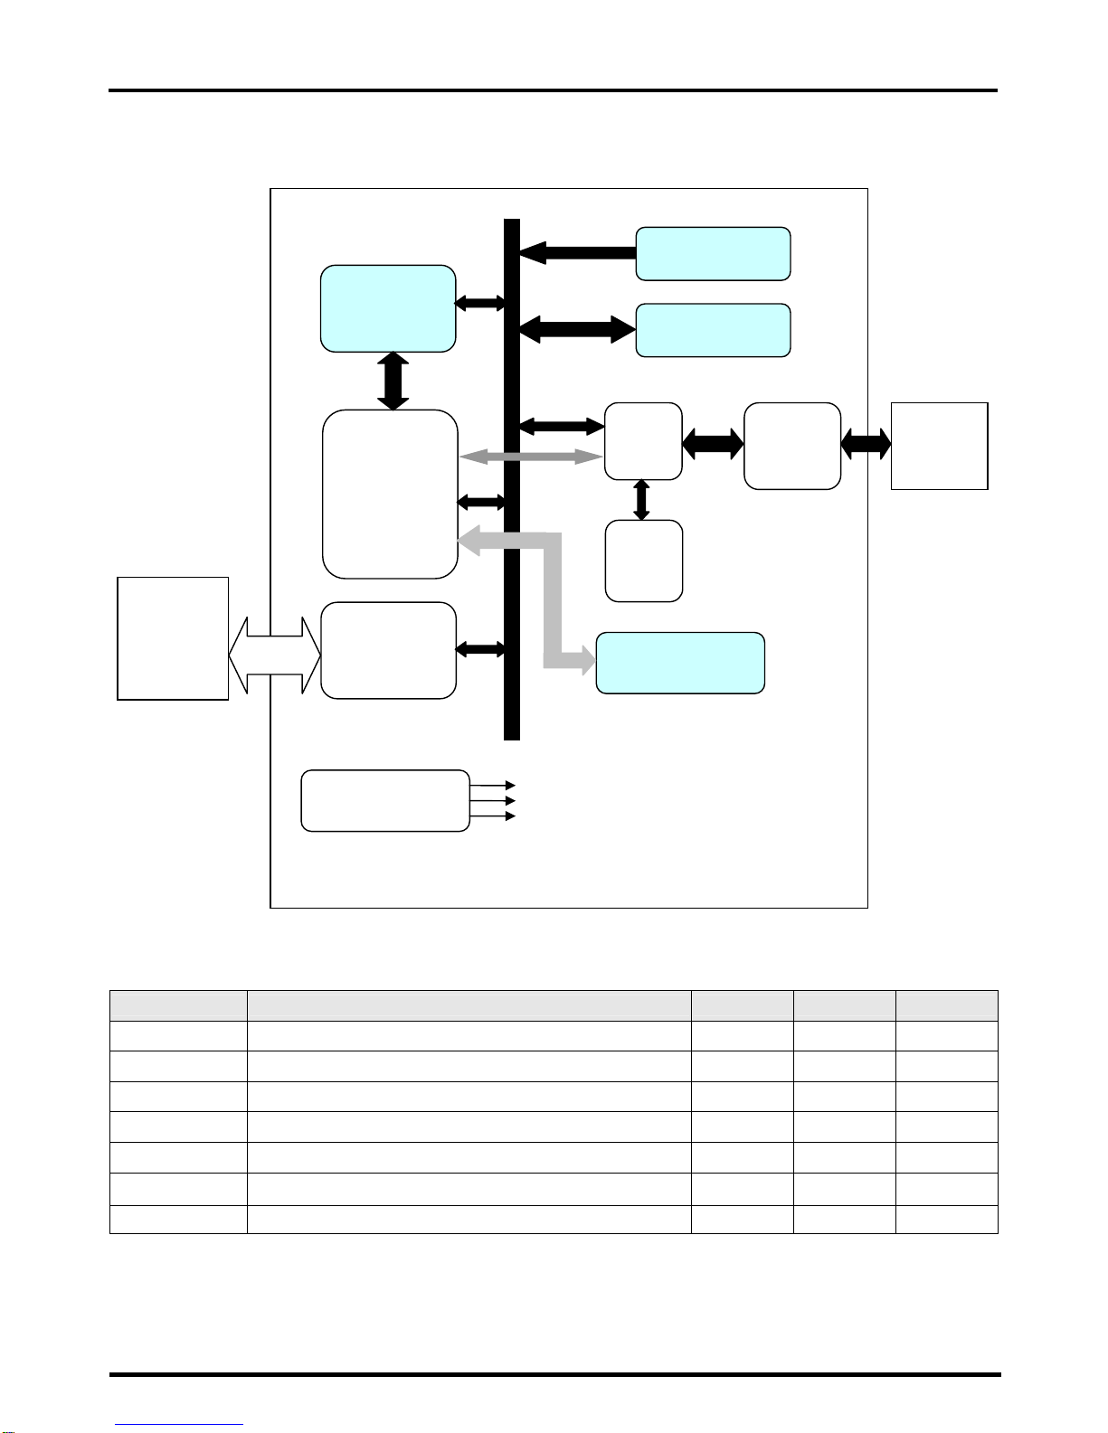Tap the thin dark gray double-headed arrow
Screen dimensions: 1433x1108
pyautogui.click(x=531, y=457)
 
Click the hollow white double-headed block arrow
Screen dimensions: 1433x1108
pyautogui.click(x=274, y=655)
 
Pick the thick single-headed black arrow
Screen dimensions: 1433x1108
pyautogui.click(x=579, y=252)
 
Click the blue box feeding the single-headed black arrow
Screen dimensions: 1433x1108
pyautogui.click(x=713, y=254)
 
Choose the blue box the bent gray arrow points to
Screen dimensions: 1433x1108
pyautogui.click(x=680, y=663)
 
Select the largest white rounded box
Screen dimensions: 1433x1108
pyautogui.click(x=390, y=494)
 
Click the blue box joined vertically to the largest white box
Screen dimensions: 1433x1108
pyautogui.click(x=388, y=308)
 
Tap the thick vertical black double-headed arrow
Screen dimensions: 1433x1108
pyautogui.click(x=393, y=381)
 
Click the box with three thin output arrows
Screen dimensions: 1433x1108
pyautogui.click(x=384, y=800)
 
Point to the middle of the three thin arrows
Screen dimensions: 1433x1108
pyautogui.click(x=493, y=800)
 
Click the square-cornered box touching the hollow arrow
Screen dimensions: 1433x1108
pyautogui.click(x=173, y=638)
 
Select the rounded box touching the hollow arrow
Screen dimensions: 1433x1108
pyautogui.click(x=388, y=650)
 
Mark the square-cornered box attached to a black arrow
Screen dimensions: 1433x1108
pyautogui.click(x=939, y=446)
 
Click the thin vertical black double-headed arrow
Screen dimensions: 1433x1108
pyautogui.click(x=642, y=500)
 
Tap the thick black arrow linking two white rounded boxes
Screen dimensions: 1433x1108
pyautogui.click(x=713, y=443)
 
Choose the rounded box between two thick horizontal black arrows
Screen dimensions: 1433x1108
pyautogui.click(x=792, y=446)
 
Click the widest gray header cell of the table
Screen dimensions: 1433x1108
pyautogui.click(x=469, y=1005)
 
